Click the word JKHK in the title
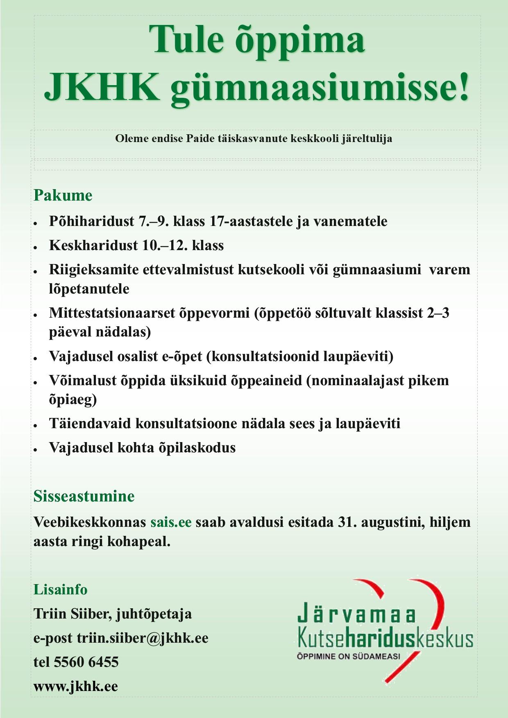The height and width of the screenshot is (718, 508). coord(101,87)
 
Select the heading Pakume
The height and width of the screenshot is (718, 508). coord(63,195)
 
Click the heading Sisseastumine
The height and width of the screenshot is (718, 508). coord(84,496)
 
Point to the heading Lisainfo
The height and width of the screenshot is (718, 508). coord(60,589)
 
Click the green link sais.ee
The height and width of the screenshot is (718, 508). coord(171,522)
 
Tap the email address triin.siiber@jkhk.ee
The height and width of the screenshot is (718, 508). coord(143,638)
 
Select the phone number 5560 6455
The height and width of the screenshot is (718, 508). coord(86,662)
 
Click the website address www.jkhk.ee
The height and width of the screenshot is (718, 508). coord(76,686)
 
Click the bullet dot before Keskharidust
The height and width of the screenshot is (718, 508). coord(36,247)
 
